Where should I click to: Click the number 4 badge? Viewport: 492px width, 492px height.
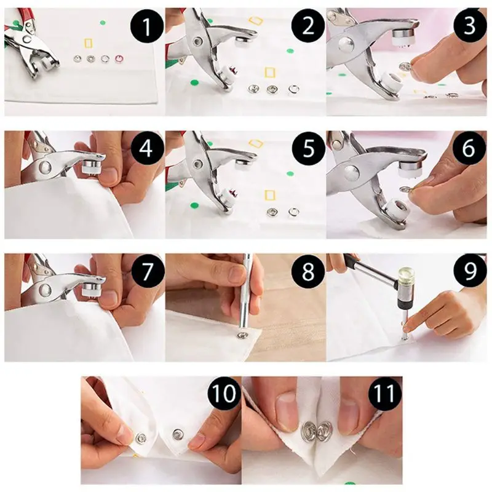[145, 148]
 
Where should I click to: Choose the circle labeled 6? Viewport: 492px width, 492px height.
[468, 148]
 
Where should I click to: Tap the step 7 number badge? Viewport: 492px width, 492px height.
[145, 271]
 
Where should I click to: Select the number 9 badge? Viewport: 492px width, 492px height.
[468, 271]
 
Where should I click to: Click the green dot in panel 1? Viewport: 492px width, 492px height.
[103, 22]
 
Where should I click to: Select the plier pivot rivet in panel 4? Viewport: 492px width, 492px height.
[45, 167]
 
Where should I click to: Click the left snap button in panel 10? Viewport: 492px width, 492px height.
[141, 438]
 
